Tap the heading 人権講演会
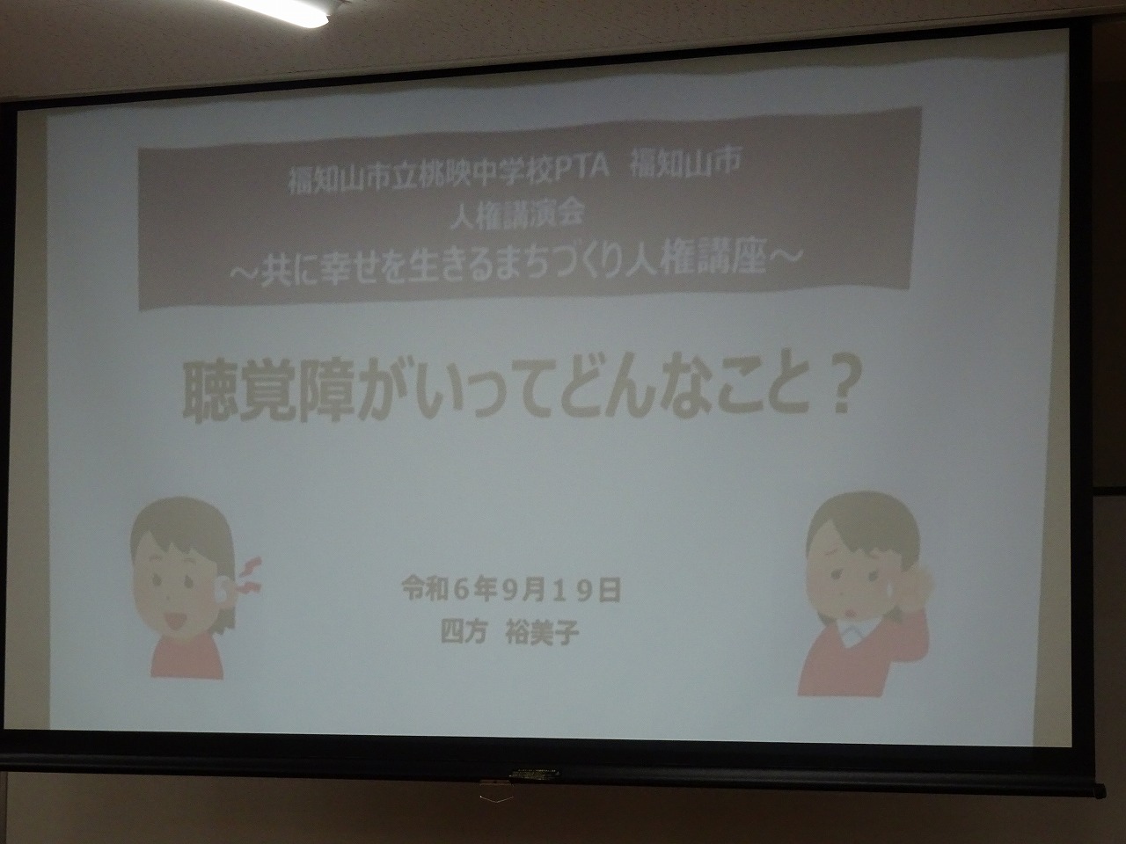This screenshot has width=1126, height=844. click(517, 215)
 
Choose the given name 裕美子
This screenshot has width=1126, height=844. click(543, 633)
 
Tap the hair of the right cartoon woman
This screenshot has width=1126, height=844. click(861, 530)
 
